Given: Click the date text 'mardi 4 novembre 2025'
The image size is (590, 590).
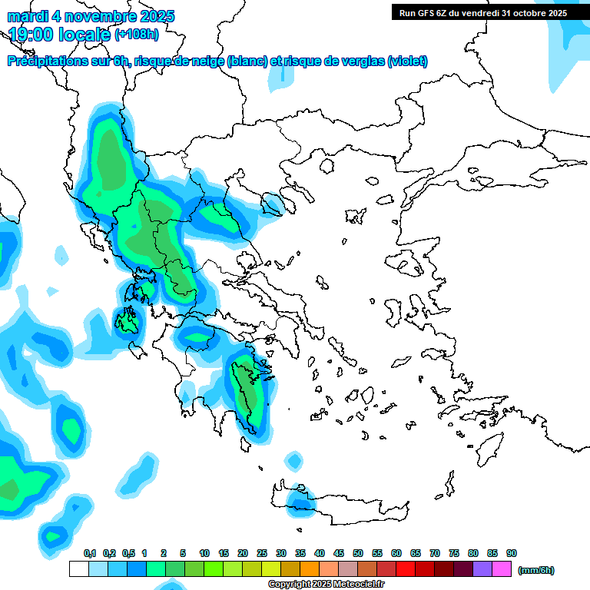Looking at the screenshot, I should coord(91,16).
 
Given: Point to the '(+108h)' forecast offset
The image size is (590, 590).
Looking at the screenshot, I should coord(137,34).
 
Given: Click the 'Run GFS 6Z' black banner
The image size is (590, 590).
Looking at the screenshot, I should coord(482,12).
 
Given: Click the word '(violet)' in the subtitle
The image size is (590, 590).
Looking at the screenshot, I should coord(407,61).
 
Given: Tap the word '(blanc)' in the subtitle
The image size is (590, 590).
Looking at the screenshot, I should coord(247,61).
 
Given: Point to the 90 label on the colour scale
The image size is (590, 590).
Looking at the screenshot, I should coord(512,553).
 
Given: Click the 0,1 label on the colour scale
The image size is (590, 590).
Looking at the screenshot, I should coord(90,553).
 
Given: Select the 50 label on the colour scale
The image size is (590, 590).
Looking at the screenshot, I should coord(358,553).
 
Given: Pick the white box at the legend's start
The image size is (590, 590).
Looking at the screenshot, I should coord(78,569).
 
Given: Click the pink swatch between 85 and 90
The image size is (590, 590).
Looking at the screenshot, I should coord(502,569).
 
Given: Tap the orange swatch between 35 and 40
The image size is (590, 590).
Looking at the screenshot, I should coord(310,569).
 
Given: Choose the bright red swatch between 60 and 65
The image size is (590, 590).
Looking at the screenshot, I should coord(406,569).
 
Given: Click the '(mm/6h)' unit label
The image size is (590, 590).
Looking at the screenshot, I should coord(535,570).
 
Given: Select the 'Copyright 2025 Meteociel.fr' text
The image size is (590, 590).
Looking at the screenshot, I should coord(326,585).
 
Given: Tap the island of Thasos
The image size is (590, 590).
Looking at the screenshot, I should coord(326,165).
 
